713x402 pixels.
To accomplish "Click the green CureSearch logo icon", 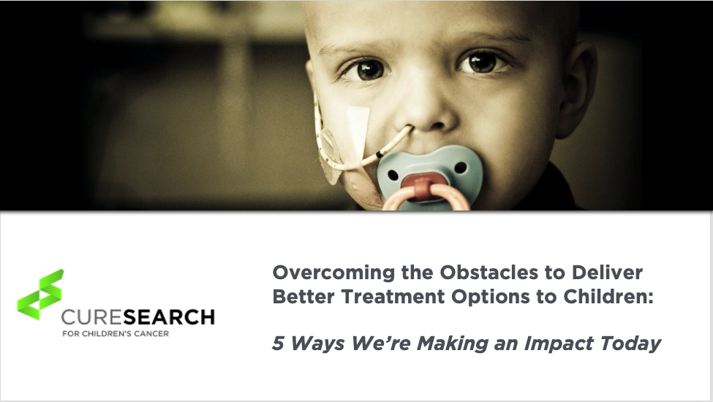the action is (x=40, y=295).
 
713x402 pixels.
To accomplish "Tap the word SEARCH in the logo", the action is (x=169, y=317).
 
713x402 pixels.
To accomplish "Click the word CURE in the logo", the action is (x=92, y=317).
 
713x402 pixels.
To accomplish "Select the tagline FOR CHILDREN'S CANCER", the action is (x=116, y=333).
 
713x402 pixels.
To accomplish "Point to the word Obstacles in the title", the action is (x=488, y=272).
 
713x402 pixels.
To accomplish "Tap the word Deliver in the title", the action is (x=607, y=272).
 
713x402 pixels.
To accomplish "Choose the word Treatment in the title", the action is (x=393, y=297).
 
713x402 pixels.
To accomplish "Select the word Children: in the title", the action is (x=608, y=297).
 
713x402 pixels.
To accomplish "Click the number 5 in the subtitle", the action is (x=278, y=343).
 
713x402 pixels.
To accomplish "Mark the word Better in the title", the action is (x=303, y=297).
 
